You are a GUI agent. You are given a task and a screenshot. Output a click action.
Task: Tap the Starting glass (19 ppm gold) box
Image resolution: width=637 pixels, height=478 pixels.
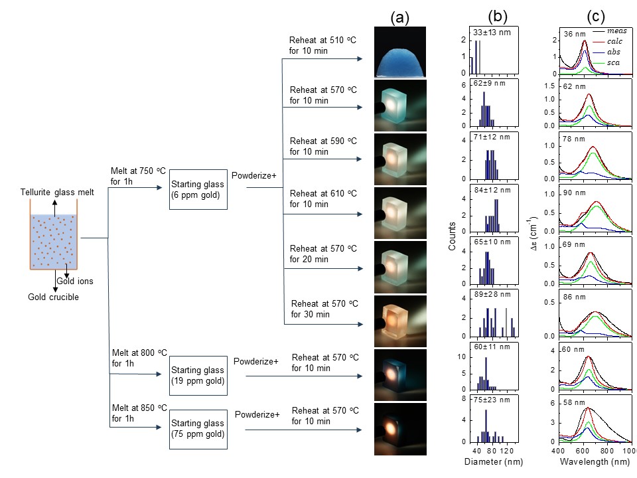(198, 375)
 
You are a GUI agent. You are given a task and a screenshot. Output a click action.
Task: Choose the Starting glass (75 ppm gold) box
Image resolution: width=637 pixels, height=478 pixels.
(198, 428)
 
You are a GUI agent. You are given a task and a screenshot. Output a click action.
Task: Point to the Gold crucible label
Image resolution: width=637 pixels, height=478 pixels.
(53, 297)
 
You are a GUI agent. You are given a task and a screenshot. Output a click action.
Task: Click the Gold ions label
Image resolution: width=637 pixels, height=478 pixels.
(75, 281)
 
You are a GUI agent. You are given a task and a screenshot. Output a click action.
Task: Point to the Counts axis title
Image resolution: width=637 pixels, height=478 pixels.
(453, 236)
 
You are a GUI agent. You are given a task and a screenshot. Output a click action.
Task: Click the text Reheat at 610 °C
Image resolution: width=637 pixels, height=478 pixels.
(323, 193)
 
